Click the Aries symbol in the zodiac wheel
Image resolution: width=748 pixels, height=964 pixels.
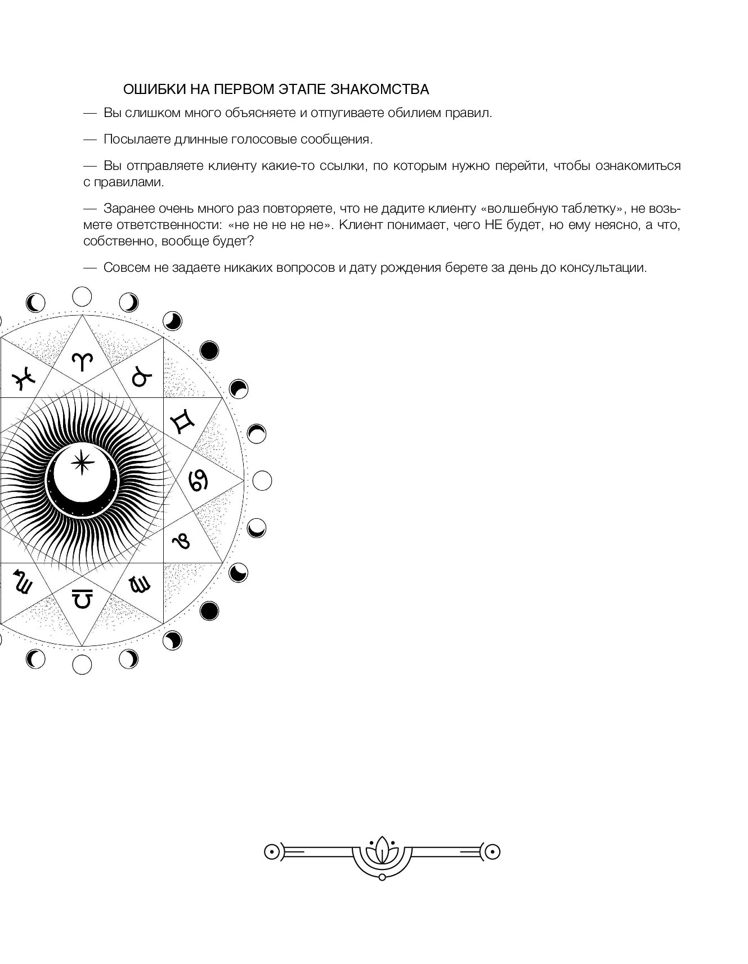83,362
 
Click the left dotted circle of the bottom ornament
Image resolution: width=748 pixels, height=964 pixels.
272,853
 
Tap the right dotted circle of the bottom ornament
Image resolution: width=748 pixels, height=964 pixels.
492,853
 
